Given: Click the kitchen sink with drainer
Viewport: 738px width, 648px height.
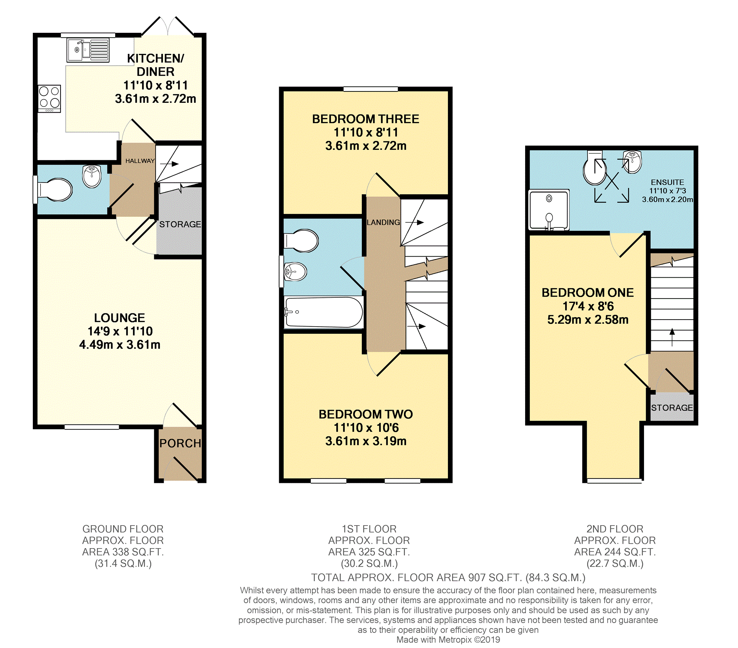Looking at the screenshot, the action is pos(88,50).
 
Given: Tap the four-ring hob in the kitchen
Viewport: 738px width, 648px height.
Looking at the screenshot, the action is pos(50,98).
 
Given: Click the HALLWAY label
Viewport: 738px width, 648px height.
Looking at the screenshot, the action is pos(140,161).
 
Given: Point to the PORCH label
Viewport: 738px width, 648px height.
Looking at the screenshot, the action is pos(180,443).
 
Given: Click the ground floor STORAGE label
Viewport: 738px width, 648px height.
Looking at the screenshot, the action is pos(180,224).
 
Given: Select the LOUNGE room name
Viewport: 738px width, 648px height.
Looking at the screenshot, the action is pos(120,318).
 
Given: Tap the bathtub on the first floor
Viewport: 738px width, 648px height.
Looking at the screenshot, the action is pos(324,312).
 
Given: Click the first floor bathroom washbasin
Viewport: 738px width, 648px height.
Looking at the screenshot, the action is pos(295,272).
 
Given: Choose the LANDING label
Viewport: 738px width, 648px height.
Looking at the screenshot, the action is pos(383,222).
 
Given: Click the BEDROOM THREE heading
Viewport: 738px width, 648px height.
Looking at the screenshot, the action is pos(366,119).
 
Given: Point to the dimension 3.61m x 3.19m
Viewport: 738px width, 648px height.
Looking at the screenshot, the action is pos(366,441).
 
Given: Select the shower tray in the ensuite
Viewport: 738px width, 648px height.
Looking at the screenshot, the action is pos(549,210).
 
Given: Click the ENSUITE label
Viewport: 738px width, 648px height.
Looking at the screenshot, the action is pos(667,182).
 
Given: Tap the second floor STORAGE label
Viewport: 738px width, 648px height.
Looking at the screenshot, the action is pos(672,408).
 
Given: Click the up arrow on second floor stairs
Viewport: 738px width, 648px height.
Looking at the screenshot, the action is pos(672,337).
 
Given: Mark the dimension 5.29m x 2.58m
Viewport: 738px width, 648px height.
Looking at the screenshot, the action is pos(588,320).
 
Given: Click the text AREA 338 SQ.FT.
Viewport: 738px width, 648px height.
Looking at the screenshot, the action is pos(123,552).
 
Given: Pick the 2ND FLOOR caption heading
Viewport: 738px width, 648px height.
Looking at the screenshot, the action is pos(615,529).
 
